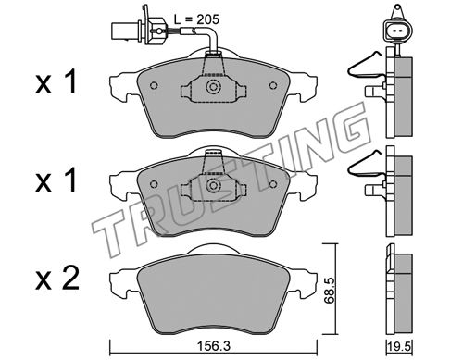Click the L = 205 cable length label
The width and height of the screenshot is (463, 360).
point(196,19)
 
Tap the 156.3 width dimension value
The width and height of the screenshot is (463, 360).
point(213,346)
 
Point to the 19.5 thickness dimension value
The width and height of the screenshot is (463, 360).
point(400,347)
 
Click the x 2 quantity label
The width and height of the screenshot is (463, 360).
point(57,279)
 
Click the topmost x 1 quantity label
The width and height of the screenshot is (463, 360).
point(56,81)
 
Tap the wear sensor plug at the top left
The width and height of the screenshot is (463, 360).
point(140,30)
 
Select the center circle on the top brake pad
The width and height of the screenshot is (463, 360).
point(213,86)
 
